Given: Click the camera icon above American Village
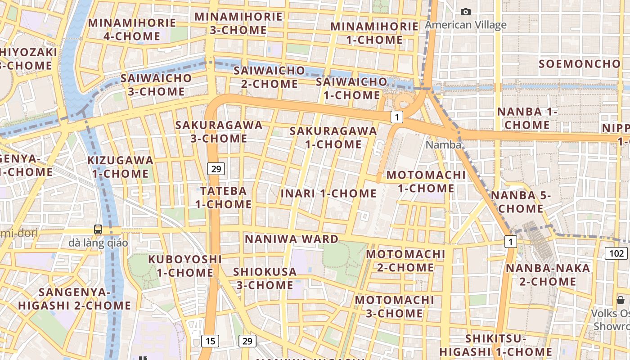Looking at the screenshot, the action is tap(466, 12).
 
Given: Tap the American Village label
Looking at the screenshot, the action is tap(466, 25).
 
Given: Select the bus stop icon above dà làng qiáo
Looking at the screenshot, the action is tap(98, 229).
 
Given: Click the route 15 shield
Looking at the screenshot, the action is tap(210, 341).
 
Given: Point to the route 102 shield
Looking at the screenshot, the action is tap(616, 253).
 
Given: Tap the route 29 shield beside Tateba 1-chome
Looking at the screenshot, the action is tap(216, 169).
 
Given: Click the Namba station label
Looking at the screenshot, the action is tap(443, 145).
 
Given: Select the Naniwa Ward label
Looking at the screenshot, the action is tap(292, 239).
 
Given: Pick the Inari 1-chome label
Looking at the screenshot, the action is tap(328, 193).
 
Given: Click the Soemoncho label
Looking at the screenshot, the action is tap(580, 64).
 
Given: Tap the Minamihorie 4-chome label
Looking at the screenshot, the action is tap(132, 29).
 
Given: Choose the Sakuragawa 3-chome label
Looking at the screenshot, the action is tap(219, 131).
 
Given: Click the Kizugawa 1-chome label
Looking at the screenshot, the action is tap(120, 166).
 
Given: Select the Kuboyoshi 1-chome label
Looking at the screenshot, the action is tap(185, 265).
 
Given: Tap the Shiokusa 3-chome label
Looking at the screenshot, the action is tap(265, 278).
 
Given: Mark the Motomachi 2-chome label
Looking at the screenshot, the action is tap(405, 261).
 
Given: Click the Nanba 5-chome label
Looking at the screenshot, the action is tap(521, 202).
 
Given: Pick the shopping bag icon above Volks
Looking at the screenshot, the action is tap(621, 300).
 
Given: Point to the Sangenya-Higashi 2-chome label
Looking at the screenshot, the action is tap(75, 299).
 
